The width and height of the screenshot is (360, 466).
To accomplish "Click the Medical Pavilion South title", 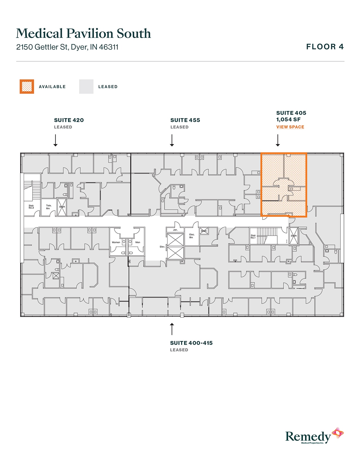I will coord(83,33).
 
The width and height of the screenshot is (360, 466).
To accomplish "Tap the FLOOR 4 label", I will coord(325,47).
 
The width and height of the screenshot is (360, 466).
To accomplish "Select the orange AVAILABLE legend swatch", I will coord(27,86).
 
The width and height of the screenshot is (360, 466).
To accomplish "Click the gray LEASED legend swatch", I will coord(86,86).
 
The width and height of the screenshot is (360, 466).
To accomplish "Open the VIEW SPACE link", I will coord(290,127).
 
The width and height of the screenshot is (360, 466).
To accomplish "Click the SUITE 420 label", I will coord(69,120).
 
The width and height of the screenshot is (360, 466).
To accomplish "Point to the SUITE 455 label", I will coord(185,120).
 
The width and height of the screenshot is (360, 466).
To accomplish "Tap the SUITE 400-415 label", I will coord(191,343).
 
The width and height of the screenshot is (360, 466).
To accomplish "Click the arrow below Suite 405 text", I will coord(278,140).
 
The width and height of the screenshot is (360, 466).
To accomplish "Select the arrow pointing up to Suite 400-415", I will coord(172,329).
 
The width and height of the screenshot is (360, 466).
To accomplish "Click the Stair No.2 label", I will coord(31,207).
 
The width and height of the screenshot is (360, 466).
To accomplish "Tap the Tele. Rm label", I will coord(49,207).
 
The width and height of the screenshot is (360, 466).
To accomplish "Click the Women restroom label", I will coord(116,242).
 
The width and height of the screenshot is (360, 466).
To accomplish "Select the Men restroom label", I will coord(138,242).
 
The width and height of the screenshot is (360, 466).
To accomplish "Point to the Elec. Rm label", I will coord(192,236).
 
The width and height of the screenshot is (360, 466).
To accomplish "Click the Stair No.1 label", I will coord(253,236).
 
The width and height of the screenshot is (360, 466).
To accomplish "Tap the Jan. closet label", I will coord(175,230).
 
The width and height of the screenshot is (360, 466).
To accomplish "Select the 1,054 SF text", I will coord(288,119).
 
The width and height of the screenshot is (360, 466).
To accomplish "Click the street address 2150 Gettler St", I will coord(67,47).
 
